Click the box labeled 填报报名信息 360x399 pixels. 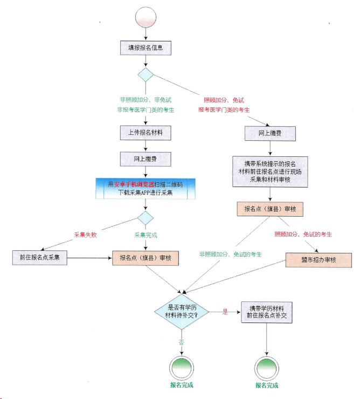(146, 47)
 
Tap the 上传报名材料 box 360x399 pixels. (146, 132)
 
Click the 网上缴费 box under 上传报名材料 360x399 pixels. (146, 159)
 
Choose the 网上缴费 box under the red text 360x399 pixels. (270, 133)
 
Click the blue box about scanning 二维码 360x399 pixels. (146, 188)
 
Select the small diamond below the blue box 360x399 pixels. (146, 217)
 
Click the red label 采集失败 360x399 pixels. (85, 235)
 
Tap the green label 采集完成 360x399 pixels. (146, 235)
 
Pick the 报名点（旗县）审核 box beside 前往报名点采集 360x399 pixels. (146, 258)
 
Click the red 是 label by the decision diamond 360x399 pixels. (225, 312)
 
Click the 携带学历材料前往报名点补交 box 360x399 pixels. (267, 312)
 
